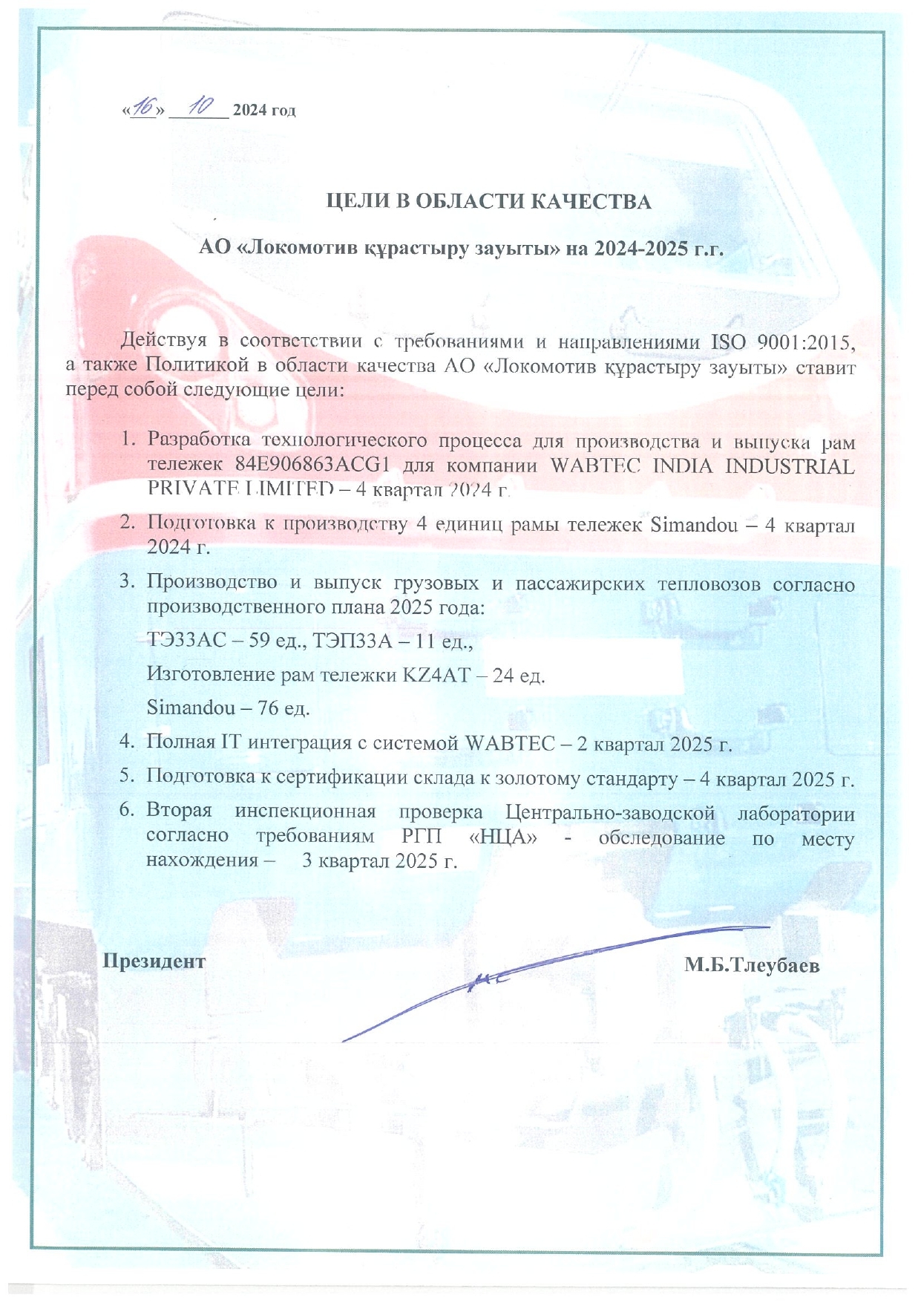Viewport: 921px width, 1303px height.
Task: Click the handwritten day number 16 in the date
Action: click(142, 108)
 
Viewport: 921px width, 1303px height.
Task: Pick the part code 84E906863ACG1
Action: click(313, 466)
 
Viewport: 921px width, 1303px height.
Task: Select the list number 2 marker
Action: click(127, 523)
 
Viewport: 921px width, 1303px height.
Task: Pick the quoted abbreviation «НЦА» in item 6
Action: click(504, 837)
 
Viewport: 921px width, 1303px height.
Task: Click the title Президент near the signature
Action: click(154, 961)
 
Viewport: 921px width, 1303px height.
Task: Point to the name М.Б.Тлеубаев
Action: click(752, 965)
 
